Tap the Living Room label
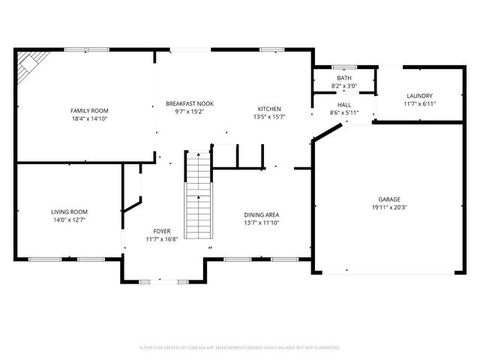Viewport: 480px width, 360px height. [69, 212]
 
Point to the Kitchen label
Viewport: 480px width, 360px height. [269, 109]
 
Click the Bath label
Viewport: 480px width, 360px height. [343, 78]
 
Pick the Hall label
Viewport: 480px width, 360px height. [344, 105]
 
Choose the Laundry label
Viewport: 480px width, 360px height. [419, 96]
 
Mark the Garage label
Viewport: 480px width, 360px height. [388, 199]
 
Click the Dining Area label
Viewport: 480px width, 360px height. [262, 215]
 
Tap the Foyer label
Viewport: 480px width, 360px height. [161, 231]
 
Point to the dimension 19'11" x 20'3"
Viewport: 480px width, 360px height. [388, 208]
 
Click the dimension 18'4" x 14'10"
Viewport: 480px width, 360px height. [89, 118]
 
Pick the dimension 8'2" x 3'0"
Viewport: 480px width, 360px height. [343, 86]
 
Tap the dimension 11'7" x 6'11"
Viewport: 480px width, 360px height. [419, 103]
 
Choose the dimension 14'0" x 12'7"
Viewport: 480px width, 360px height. [69, 220]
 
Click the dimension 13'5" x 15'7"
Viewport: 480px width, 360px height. [269, 117]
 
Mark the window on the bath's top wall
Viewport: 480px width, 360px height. [343, 67]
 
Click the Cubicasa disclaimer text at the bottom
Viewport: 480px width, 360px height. [240, 348]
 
